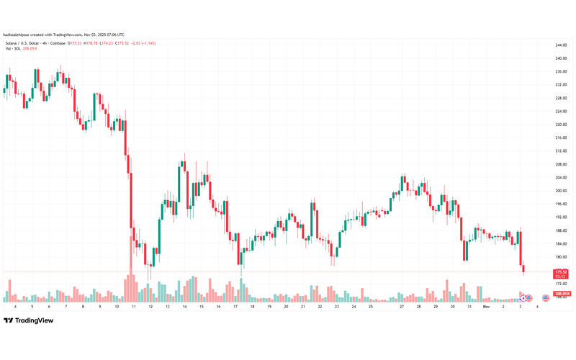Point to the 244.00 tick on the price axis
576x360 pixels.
(x=562, y=45)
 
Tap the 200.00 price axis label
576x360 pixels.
(x=562, y=191)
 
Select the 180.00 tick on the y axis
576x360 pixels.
(x=562, y=257)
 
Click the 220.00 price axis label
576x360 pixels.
(x=562, y=125)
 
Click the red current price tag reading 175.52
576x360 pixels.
(x=561, y=271)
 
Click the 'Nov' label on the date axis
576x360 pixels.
(x=486, y=307)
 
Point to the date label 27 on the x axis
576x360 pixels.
(x=402, y=307)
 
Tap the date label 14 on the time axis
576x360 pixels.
(x=184, y=307)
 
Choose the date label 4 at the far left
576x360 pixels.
(x=14, y=307)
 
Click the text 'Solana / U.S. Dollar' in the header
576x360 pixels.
(x=22, y=43)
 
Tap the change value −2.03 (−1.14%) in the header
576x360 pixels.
(x=145, y=43)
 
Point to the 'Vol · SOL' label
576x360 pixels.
(x=13, y=48)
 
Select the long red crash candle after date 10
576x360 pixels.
(x=130, y=191)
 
